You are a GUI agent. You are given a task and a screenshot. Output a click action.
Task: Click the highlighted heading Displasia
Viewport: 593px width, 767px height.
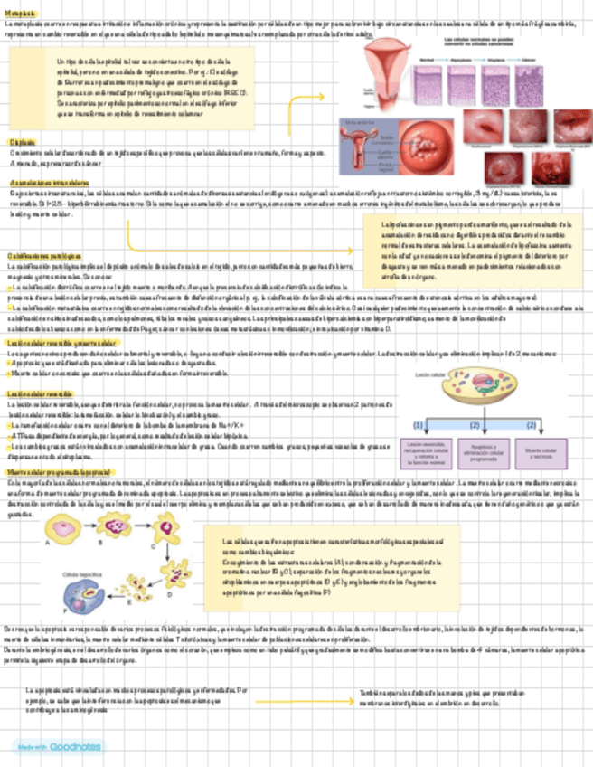tap(23, 143)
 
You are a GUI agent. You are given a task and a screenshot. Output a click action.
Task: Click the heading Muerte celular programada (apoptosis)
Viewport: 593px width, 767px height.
tap(58, 472)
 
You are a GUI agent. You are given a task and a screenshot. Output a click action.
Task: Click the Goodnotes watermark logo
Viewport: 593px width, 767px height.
tap(45, 745)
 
